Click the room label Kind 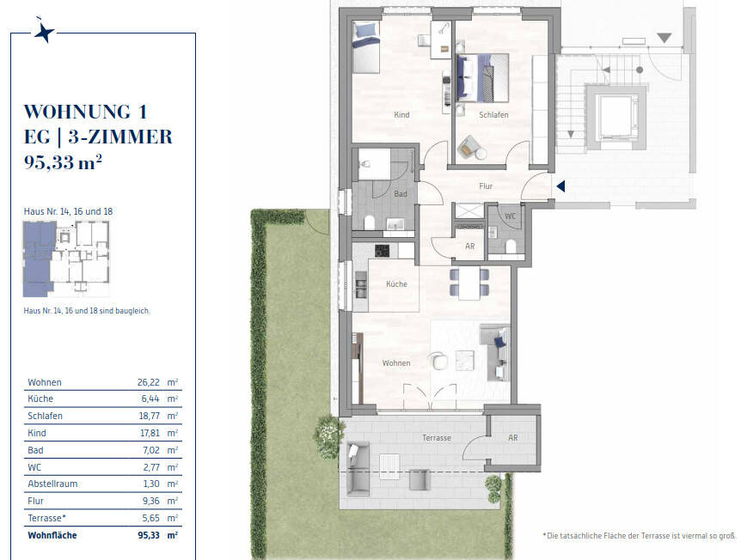point(401,115)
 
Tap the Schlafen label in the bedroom point(493,115)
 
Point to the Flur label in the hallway point(486,186)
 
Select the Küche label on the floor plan point(396,283)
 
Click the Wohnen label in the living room point(396,362)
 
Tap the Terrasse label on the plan point(436,438)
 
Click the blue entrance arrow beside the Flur point(561,186)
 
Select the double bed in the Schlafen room point(482,78)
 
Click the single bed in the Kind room point(366,47)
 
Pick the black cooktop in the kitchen point(383,251)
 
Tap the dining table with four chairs point(469,283)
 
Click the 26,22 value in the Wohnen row point(149,382)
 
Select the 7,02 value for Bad point(151,450)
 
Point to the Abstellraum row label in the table point(52,484)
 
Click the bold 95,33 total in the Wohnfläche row point(149,535)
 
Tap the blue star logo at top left point(45,32)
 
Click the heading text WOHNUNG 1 point(86,112)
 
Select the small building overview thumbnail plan point(66,259)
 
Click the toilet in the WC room point(511,247)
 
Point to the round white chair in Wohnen point(438,361)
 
